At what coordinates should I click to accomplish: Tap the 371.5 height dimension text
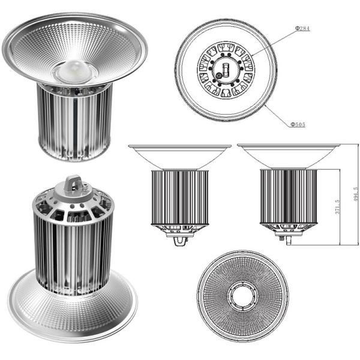tap(337, 207)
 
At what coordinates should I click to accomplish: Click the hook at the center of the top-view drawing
tap(226, 68)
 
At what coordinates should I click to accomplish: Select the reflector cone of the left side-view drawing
tap(179, 157)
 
